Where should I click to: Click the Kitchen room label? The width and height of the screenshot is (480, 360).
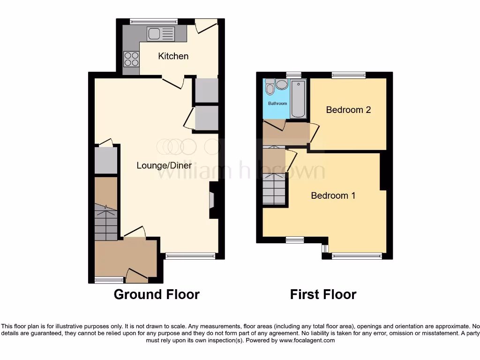173,56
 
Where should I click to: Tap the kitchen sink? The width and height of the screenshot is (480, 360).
160,34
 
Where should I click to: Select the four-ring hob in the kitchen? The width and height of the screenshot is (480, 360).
131,59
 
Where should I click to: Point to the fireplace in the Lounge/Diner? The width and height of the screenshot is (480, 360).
212,200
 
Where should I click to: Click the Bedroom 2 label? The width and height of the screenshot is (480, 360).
348,110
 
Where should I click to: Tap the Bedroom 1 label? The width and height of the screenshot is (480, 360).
333,195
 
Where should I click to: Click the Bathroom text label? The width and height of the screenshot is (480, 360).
277,103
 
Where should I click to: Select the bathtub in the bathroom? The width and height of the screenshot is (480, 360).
298,99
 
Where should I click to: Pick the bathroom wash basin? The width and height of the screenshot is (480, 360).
282,84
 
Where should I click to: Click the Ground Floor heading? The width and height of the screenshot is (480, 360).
157,294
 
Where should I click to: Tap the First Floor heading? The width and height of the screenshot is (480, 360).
323,294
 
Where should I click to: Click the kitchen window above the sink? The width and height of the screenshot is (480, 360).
154,21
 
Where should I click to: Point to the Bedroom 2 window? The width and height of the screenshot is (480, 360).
349,75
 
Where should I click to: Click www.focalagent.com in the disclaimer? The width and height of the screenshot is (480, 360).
307,341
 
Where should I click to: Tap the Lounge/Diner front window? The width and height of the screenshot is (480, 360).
190,256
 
